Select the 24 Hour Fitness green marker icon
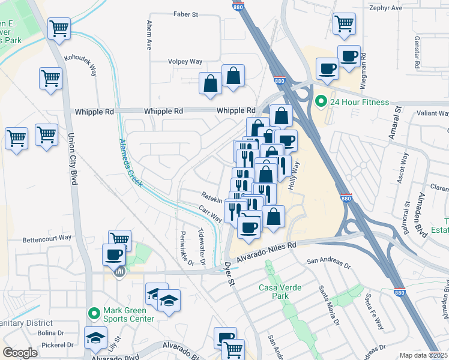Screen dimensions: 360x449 (321, 102)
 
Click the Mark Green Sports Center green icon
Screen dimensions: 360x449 (94, 313)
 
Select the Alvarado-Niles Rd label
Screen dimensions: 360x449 (267, 251)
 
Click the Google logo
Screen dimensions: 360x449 (20, 352)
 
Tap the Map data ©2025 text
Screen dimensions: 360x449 (423, 355)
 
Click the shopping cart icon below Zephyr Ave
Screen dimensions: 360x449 (345, 24)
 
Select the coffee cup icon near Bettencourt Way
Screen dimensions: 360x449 (113, 254)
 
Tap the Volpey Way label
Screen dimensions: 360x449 (185, 61)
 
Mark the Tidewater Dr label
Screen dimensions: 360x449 (202, 248)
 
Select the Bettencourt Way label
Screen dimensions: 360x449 (47, 238)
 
